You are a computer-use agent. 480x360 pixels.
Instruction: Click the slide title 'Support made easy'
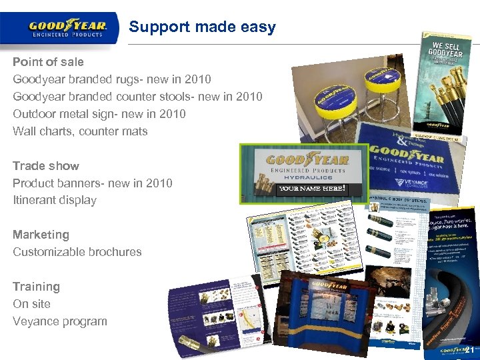click(x=202, y=27)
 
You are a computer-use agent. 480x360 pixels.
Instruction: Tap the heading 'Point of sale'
click(x=48, y=62)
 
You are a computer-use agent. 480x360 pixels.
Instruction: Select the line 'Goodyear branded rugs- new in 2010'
click(x=112, y=79)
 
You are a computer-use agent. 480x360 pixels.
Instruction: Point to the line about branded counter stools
click(x=137, y=97)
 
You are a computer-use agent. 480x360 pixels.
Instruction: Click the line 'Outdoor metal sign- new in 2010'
click(x=99, y=114)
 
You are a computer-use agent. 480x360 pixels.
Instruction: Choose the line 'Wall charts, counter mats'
click(x=80, y=131)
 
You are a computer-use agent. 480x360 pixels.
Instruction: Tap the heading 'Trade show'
click(x=46, y=166)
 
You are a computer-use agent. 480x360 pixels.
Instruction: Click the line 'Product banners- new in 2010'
click(x=93, y=183)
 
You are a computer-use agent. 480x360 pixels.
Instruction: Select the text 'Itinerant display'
click(x=55, y=200)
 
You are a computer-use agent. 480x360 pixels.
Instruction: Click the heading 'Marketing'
click(x=41, y=235)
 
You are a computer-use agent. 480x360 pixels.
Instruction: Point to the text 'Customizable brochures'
click(x=77, y=252)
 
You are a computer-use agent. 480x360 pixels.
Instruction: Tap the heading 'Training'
click(x=36, y=287)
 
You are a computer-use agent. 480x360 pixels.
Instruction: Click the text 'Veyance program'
click(x=60, y=321)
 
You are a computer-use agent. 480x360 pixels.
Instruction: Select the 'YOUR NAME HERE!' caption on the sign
click(x=312, y=189)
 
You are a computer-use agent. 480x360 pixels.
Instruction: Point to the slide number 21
click(x=469, y=350)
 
